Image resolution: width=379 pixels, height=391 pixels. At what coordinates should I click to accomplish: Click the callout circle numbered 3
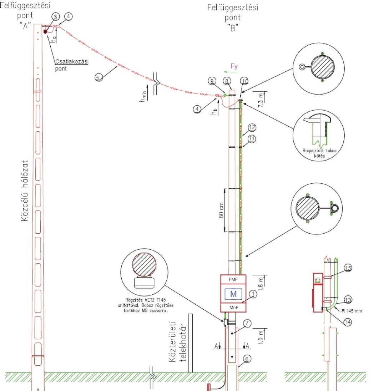(55, 16)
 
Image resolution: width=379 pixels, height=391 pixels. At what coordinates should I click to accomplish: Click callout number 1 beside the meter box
(252, 294)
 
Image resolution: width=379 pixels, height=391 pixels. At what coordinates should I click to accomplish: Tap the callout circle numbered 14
(348, 321)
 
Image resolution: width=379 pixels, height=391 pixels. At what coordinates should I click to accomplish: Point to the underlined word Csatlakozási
(71, 61)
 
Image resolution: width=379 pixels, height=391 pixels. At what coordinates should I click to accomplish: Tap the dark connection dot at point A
(46, 32)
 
